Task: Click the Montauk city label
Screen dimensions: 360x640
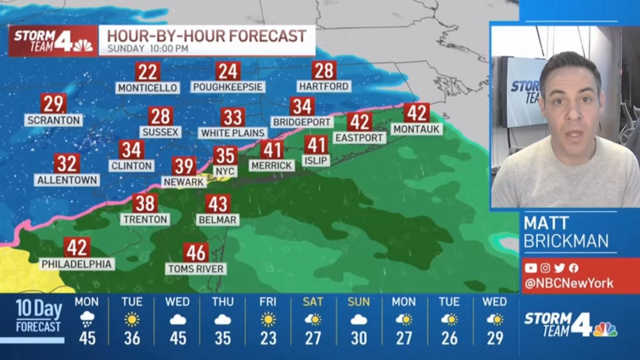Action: (417, 129)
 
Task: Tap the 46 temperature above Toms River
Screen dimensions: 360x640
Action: (196, 252)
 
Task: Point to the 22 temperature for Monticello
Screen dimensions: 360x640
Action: (148, 71)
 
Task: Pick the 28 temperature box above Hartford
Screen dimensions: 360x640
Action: (324, 70)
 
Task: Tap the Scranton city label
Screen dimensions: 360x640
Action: (53, 120)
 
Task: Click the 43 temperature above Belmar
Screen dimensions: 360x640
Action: (218, 204)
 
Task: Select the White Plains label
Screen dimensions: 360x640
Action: (233, 133)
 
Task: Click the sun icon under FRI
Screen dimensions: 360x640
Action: (268, 319)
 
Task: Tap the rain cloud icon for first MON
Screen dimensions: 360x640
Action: (86, 319)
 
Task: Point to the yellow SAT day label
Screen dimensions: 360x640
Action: (313, 302)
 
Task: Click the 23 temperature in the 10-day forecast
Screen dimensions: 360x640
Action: (268, 338)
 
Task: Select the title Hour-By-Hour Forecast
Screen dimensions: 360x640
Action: (207, 36)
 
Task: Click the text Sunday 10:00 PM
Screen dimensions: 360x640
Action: (148, 49)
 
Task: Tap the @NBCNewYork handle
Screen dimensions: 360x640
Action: (569, 284)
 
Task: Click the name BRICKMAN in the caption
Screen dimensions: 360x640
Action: (566, 241)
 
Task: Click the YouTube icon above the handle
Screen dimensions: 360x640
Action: (531, 268)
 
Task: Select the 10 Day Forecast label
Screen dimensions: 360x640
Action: (38, 316)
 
